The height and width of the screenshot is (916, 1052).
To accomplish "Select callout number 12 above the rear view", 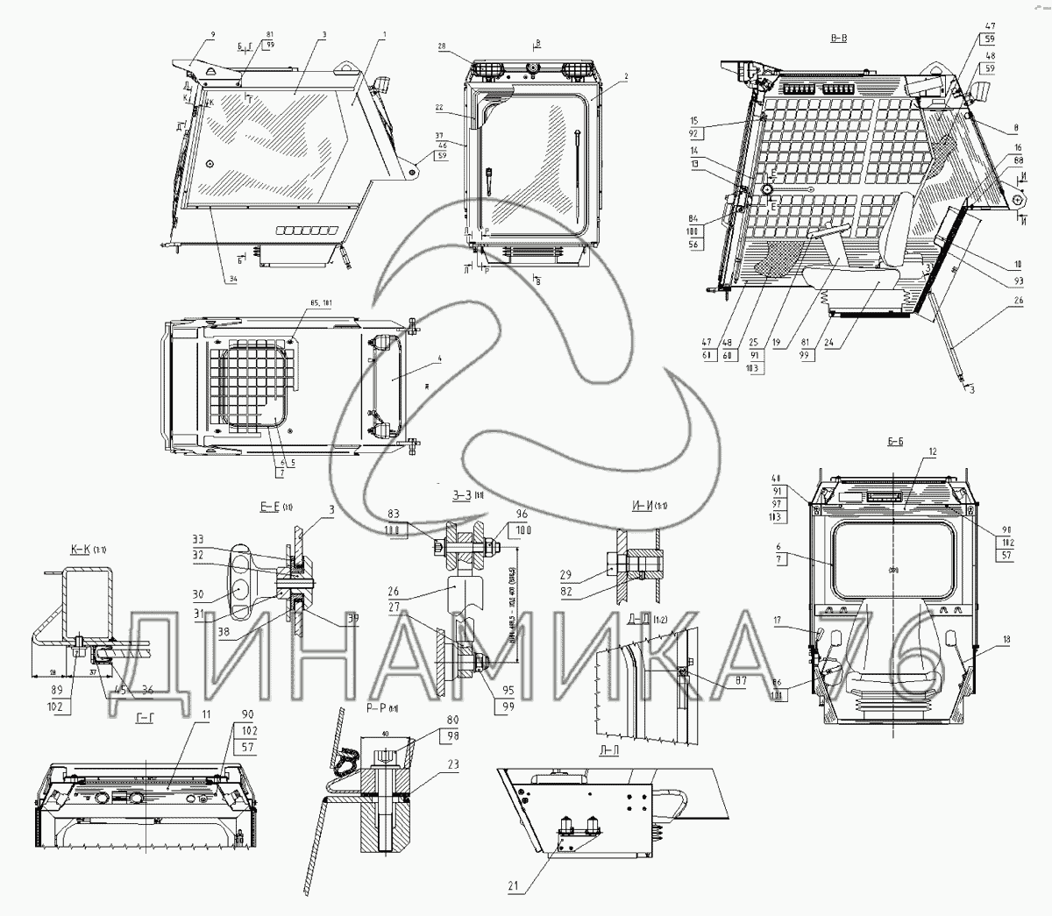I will click(x=932, y=451).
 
